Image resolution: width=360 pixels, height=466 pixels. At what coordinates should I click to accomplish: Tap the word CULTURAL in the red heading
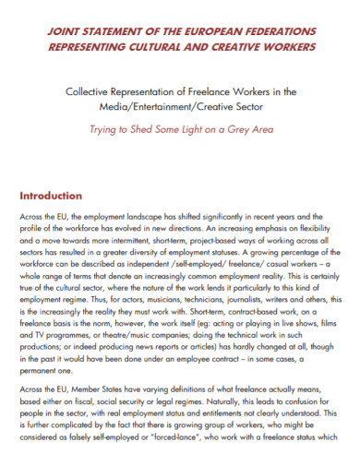click(173, 45)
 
